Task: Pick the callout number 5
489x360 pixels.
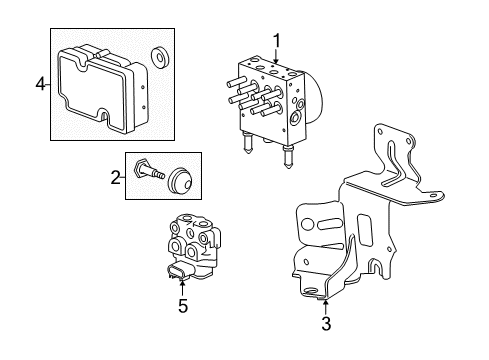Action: coord(182,307)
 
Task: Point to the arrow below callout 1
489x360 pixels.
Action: coord(276,57)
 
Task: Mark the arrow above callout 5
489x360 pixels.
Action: coord(182,288)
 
